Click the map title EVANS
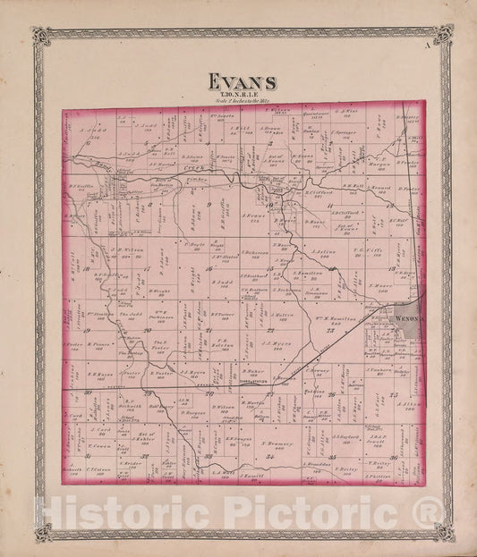click(x=242, y=81)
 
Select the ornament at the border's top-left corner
click(x=38, y=36)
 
